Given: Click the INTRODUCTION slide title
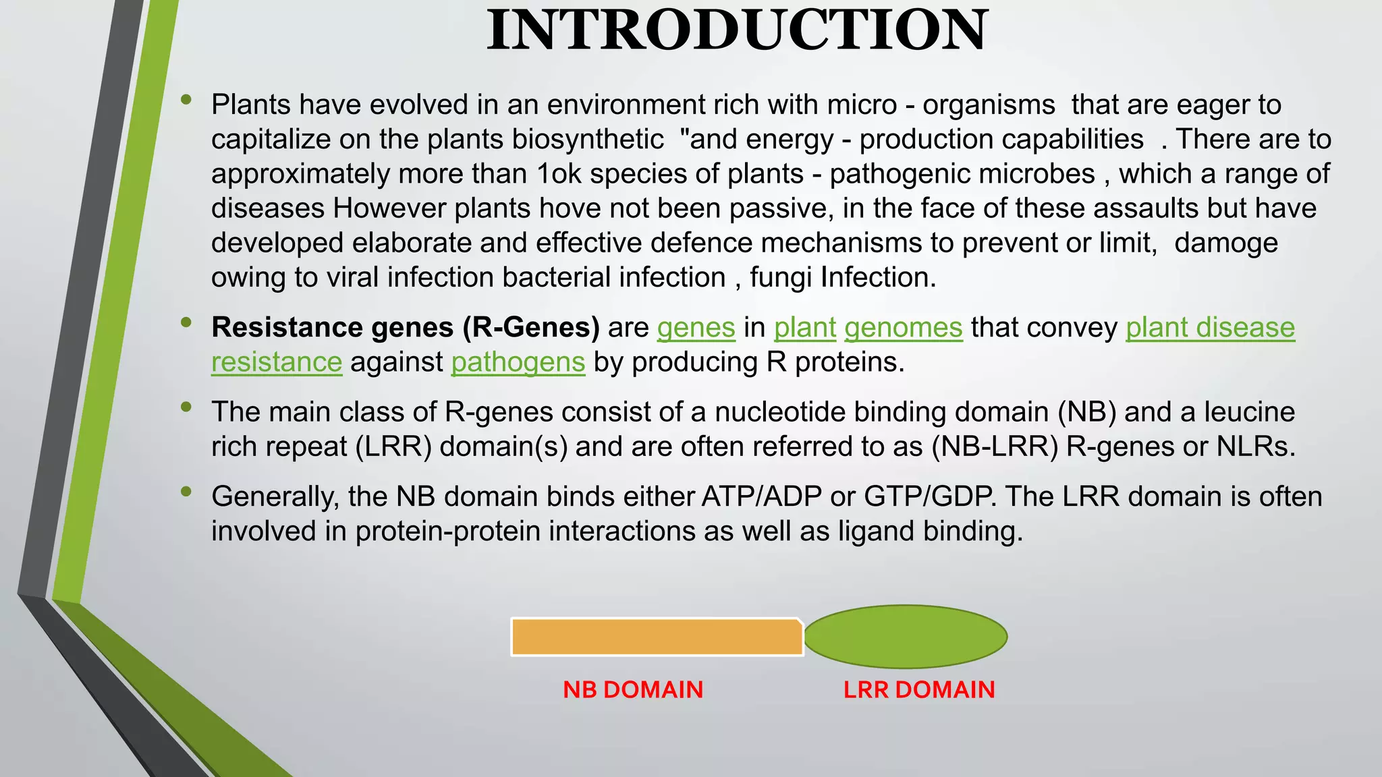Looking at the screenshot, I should [737, 30].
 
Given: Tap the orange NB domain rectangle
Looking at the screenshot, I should [657, 637].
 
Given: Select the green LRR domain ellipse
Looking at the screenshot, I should [906, 636].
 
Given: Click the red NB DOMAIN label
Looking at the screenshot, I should [633, 689].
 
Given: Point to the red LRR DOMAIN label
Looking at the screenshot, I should [919, 689].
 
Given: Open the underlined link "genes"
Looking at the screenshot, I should [696, 328].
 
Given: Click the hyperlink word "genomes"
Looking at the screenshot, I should [903, 328].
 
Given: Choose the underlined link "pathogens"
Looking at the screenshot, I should [518, 362].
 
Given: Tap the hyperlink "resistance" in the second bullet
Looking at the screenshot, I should [277, 362].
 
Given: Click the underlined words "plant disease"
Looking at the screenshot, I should [1210, 328].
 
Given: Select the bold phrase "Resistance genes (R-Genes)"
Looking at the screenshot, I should [406, 328].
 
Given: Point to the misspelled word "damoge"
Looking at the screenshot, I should [1225, 243].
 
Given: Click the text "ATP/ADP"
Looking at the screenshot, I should [761, 497].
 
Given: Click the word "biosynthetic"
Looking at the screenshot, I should [587, 140].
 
